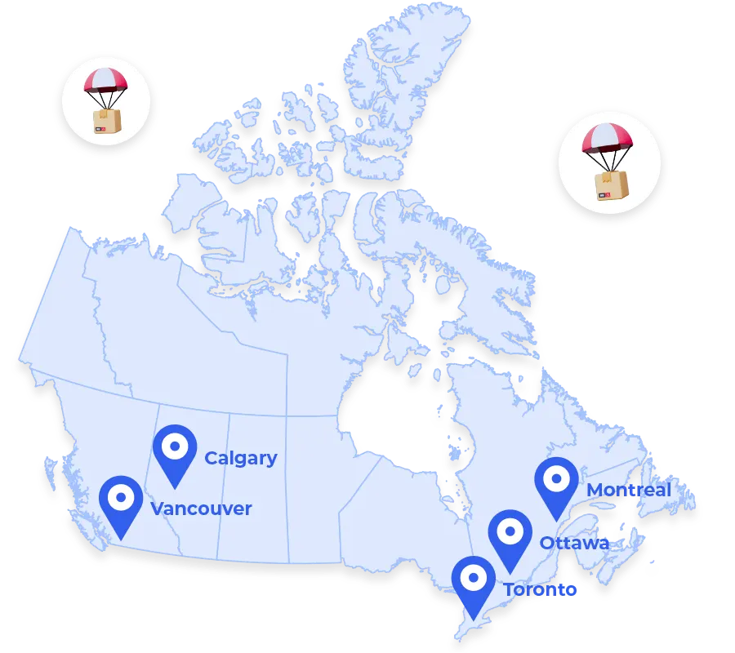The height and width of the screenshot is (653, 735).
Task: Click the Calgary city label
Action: coord(240,458)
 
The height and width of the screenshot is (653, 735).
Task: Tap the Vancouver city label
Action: coord(201,509)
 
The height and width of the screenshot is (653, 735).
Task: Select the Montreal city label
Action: coord(629,490)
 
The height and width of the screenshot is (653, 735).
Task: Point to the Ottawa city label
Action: coord(574,543)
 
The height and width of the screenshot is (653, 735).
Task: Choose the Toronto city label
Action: coord(540,589)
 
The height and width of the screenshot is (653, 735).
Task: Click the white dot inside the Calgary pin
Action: coord(175,446)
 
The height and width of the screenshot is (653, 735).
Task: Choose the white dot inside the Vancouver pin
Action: coord(121,496)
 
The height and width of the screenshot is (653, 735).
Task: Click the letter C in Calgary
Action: coord(210,458)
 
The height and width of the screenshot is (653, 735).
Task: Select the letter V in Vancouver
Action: coord(158,509)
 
